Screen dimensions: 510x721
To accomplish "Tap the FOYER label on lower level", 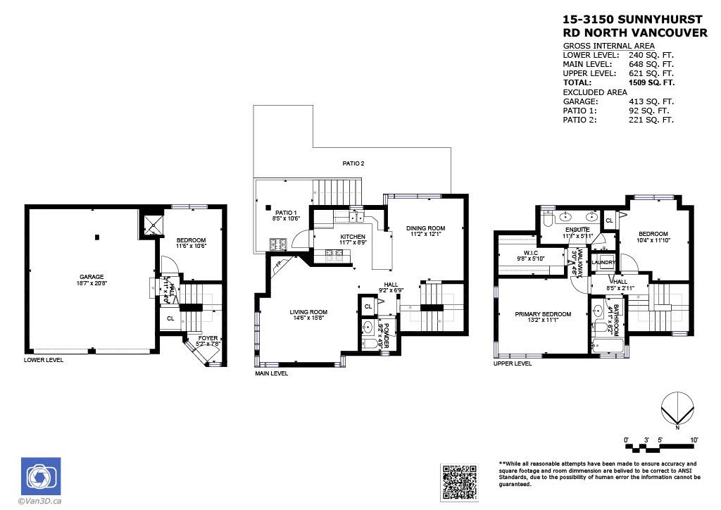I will click(208, 338).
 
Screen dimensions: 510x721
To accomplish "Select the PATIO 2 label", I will click(353, 163).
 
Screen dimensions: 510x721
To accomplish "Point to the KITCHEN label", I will click(353, 237).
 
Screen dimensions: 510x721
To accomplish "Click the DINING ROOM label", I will click(426, 228).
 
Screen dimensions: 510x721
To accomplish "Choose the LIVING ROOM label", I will click(308, 312).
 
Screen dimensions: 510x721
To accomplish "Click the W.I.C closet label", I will click(532, 253).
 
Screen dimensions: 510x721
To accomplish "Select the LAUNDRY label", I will click(603, 263).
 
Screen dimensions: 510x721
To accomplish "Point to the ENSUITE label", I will click(577, 230).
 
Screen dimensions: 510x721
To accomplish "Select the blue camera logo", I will click(40, 476).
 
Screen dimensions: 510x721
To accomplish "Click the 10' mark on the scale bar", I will click(694, 440).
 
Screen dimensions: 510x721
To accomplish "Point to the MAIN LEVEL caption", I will click(271, 373).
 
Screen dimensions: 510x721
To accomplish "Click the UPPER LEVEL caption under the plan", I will click(512, 363).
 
